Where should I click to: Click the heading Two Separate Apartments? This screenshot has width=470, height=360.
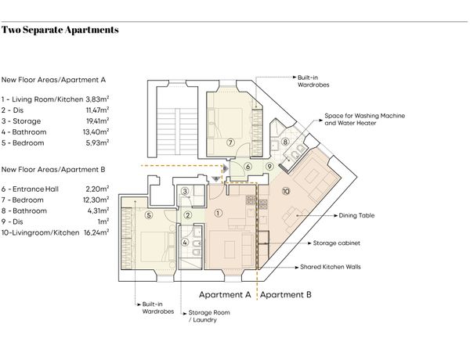[60, 30]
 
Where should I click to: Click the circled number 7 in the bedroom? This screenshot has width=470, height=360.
[230, 142]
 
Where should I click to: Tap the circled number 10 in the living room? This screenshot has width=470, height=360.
[286, 191]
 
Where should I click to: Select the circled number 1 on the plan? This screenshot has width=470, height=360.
[219, 213]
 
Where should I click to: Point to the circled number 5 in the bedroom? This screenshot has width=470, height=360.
[148, 215]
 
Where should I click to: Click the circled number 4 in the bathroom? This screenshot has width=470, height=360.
[185, 243]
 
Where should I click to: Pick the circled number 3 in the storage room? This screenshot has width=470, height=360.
[185, 191]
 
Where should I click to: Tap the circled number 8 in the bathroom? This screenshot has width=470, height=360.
[285, 142]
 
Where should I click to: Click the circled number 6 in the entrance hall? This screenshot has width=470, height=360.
[248, 167]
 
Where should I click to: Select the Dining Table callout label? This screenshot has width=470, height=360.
[356, 215]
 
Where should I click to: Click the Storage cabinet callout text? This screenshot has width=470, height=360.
[336, 243]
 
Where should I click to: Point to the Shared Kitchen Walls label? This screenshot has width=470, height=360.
[331, 267]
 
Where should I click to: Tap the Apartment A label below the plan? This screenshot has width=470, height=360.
[225, 295]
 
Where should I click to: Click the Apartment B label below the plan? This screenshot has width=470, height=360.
[286, 295]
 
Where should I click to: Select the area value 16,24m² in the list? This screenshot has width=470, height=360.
[96, 232]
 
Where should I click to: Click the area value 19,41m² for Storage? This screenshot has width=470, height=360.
[97, 121]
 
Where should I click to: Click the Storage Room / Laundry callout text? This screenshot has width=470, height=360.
[209, 316]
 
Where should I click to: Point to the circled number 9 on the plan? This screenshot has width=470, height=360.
[269, 167]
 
